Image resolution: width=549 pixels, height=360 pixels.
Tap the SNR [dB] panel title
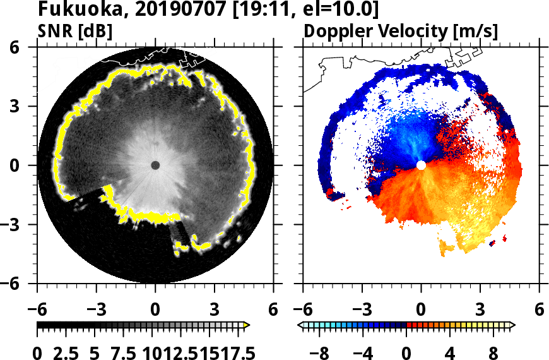(76, 30)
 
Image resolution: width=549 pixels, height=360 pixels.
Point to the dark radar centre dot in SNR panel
(155, 165)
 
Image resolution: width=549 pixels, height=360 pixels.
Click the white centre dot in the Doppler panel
(421, 165)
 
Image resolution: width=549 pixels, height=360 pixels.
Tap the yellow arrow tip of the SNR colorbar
(247, 325)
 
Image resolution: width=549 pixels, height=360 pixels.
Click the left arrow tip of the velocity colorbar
(300, 325)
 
